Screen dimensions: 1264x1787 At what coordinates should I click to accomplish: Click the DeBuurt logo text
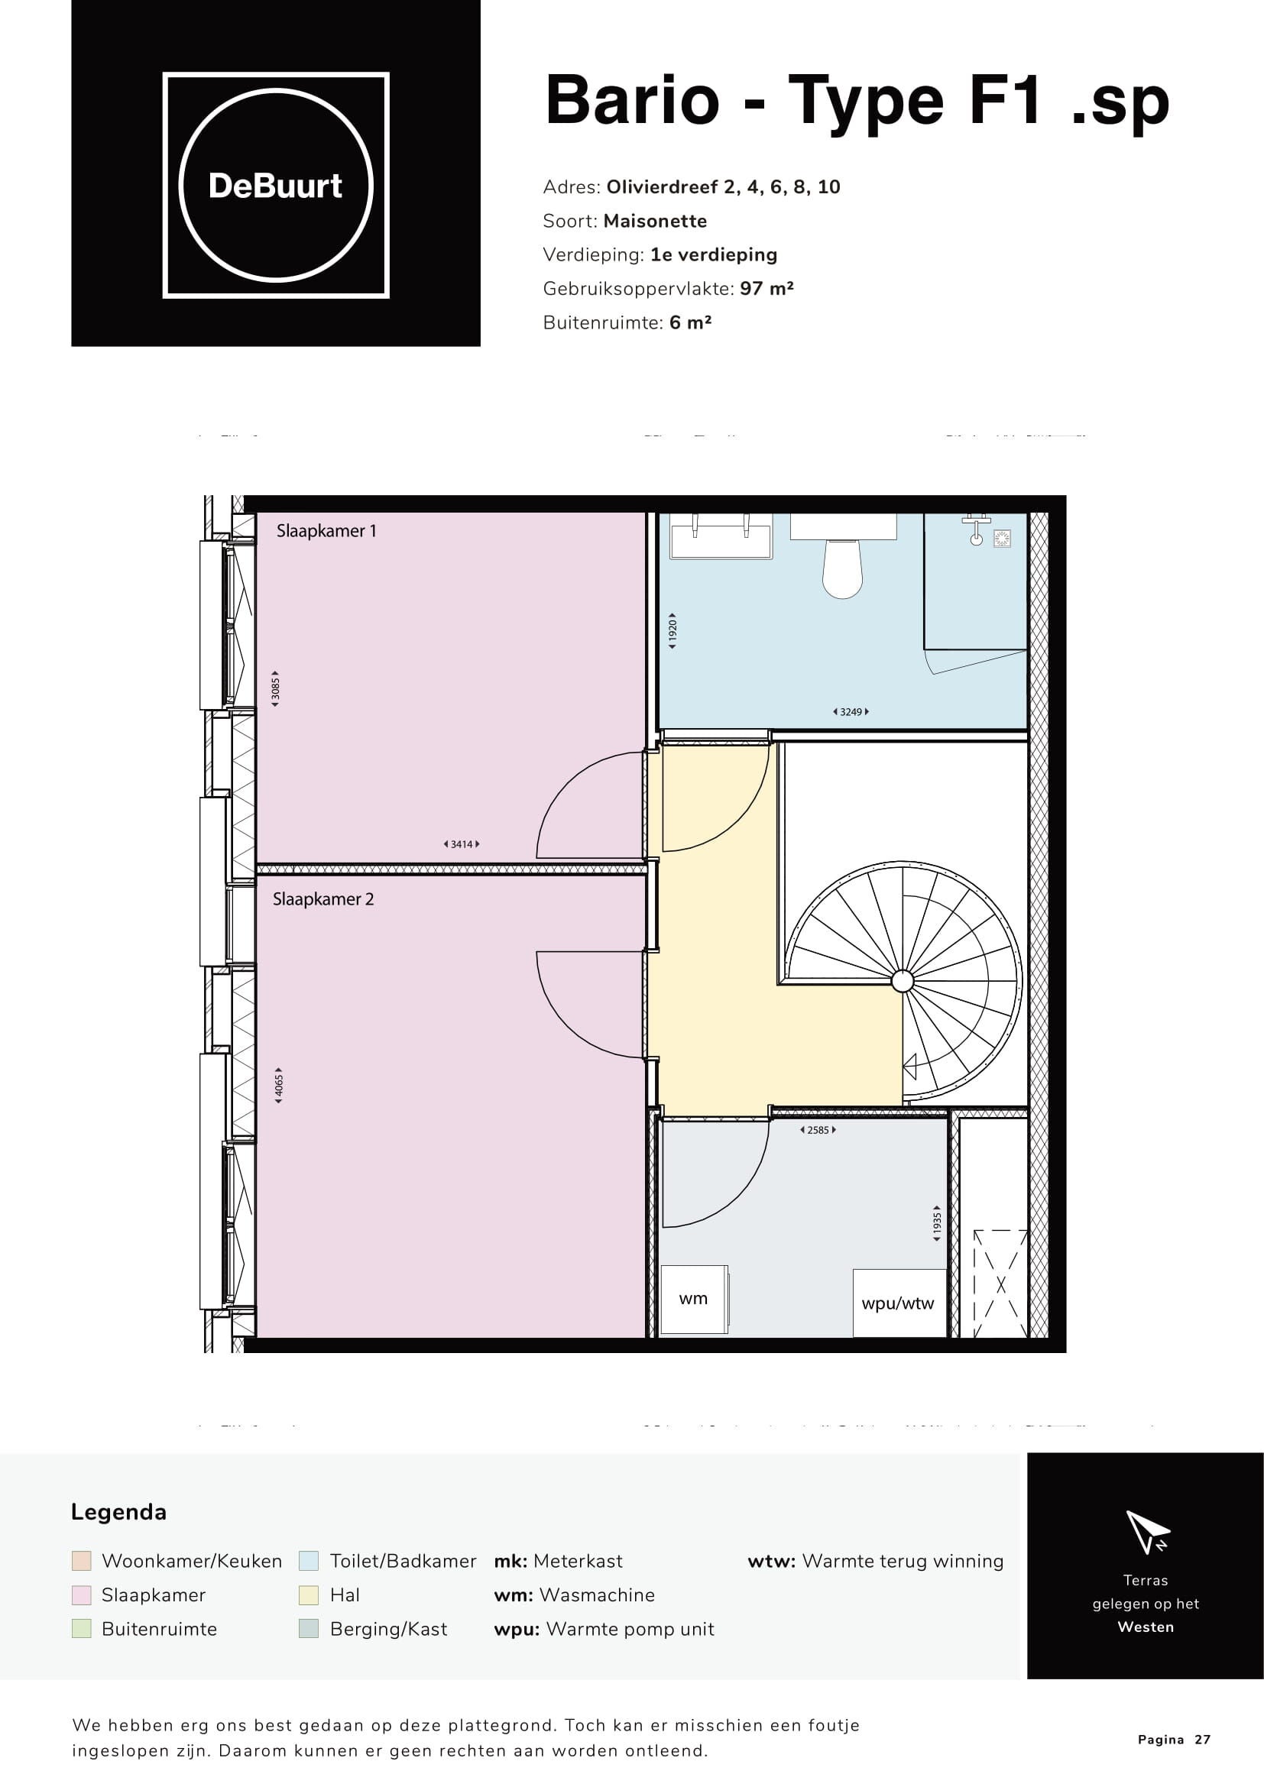(276, 186)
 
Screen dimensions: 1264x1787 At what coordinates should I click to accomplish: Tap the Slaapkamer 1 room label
(326, 531)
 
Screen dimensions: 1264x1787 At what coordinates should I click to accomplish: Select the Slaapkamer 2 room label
(323, 899)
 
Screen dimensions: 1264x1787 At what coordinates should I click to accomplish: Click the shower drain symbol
(1002, 538)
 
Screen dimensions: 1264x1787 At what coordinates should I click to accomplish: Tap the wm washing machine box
(694, 1299)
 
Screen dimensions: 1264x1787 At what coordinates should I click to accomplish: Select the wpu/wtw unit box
(899, 1303)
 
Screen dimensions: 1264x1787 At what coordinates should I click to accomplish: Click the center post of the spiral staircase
(902, 982)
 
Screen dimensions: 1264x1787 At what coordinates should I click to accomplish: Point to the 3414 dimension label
(462, 843)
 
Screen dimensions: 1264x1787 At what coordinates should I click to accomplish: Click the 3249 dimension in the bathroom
(851, 711)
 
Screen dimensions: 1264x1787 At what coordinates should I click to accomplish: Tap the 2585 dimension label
(818, 1130)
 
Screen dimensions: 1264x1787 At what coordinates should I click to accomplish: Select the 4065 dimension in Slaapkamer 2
(279, 1086)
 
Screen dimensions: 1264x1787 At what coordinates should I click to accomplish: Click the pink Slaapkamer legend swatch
(81, 1595)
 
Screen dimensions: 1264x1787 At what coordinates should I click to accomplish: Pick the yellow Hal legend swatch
(309, 1595)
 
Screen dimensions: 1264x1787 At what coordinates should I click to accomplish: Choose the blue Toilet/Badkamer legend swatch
(309, 1561)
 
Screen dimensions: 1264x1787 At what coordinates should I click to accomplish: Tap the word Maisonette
(656, 221)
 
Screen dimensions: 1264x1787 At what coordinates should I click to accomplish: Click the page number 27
(1204, 1740)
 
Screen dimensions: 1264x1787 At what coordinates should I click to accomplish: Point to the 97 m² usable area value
(767, 289)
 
